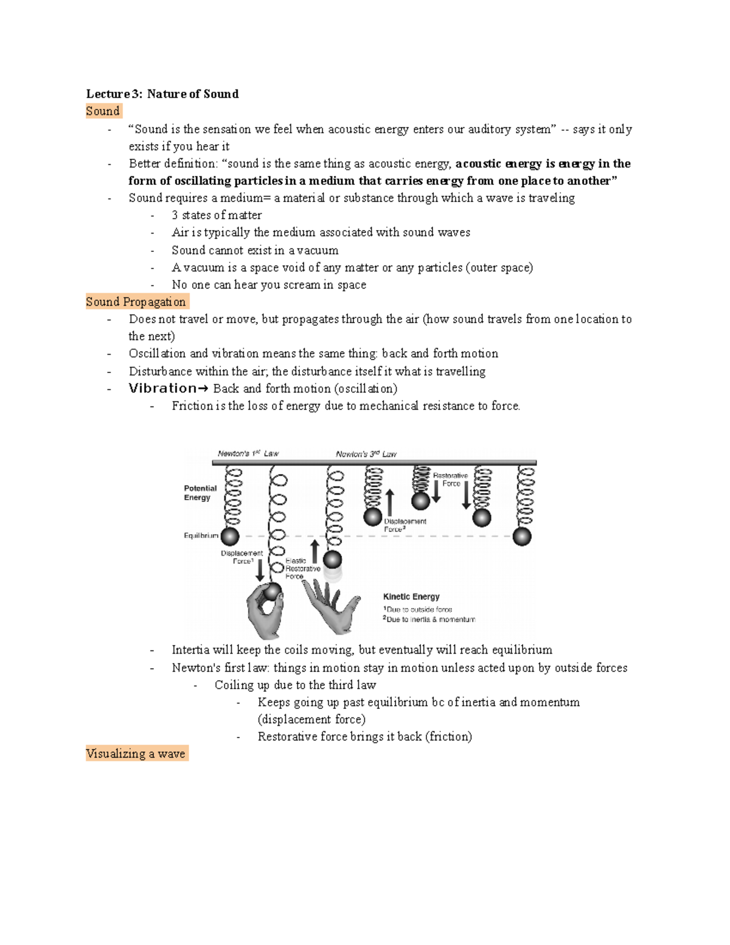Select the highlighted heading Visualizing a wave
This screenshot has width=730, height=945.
pyautogui.click(x=137, y=754)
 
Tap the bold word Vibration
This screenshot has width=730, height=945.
pyautogui.click(x=163, y=388)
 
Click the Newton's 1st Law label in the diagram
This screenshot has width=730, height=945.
pyautogui.click(x=248, y=453)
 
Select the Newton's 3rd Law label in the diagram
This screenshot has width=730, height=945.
pyautogui.click(x=366, y=454)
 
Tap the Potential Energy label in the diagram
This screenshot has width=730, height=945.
pyautogui.click(x=200, y=493)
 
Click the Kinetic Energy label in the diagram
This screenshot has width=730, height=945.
pyautogui.click(x=411, y=597)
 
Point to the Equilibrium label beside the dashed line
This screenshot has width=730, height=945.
pyautogui.click(x=201, y=535)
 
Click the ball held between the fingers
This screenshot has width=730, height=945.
pyautogui.click(x=272, y=592)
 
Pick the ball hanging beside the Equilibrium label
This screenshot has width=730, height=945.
pyautogui.click(x=230, y=537)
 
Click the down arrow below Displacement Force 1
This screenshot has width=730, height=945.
pyautogui.click(x=260, y=570)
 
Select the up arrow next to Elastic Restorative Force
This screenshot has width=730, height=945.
pyautogui.click(x=315, y=552)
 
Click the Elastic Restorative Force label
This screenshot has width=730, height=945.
pyautogui.click(x=302, y=568)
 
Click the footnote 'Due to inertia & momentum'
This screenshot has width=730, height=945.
pyautogui.click(x=429, y=619)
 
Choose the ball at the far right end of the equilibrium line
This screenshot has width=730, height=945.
pyautogui.click(x=522, y=537)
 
